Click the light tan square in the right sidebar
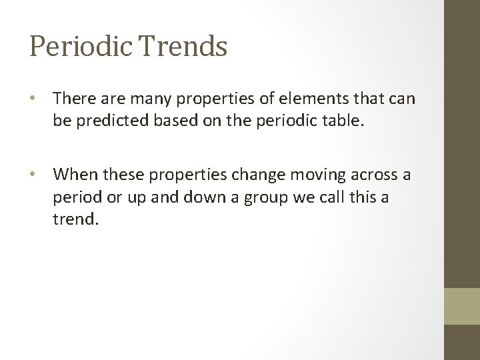(x=462, y=306)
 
